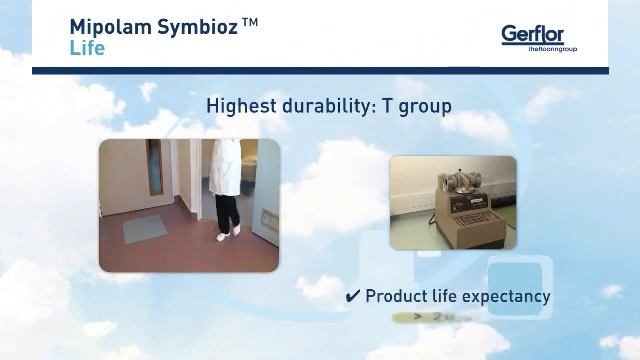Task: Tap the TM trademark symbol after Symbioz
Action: click(250, 22)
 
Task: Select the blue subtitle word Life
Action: click(86, 47)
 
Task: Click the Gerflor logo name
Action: click(532, 34)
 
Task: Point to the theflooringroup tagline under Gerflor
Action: click(552, 49)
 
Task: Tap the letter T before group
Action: click(386, 105)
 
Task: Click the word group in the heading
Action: click(424, 106)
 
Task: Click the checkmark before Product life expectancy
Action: click(352, 296)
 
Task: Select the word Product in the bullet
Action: click(397, 296)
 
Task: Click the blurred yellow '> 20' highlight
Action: click(421, 318)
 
